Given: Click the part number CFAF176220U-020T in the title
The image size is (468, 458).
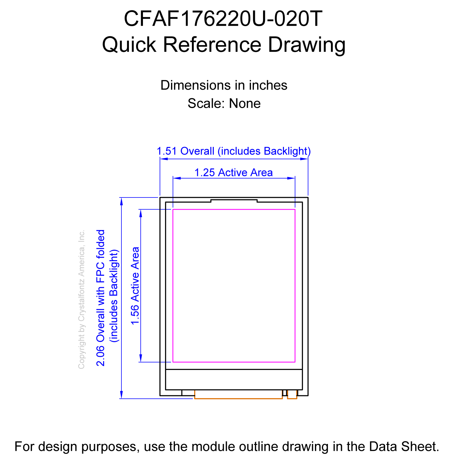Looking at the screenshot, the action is click(x=223, y=19).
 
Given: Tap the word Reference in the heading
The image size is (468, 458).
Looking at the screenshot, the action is click(x=212, y=44).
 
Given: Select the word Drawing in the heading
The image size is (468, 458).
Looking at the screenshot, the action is click(x=307, y=45).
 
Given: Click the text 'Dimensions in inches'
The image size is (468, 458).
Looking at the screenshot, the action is click(x=224, y=85).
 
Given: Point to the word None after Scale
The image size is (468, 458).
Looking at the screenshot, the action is click(x=244, y=103).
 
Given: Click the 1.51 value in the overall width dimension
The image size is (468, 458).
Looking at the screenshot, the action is click(x=167, y=151).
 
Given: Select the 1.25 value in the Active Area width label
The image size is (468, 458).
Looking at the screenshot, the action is click(x=204, y=172).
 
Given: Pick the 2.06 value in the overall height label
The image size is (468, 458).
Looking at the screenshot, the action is click(x=101, y=356).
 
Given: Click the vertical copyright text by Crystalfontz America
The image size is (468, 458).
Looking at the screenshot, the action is click(x=81, y=299).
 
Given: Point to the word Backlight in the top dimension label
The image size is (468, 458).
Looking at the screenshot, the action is click(x=286, y=151).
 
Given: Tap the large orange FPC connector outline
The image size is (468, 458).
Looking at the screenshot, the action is click(x=238, y=399).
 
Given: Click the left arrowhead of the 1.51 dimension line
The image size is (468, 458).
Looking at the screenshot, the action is click(x=164, y=159).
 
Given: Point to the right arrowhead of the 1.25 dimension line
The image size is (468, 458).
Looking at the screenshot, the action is click(x=291, y=178).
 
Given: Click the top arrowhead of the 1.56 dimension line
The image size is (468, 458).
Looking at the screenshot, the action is click(x=141, y=213).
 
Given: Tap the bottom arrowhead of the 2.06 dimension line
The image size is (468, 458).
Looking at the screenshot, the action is click(x=121, y=395).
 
